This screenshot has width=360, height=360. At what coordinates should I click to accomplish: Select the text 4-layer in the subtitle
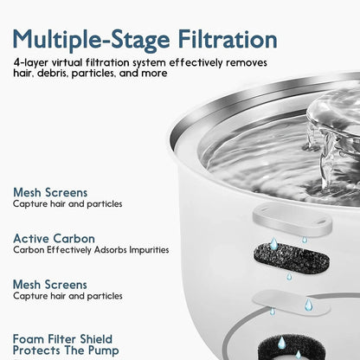click(32, 64)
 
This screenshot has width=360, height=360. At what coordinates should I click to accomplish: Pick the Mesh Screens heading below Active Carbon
click(50, 283)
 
